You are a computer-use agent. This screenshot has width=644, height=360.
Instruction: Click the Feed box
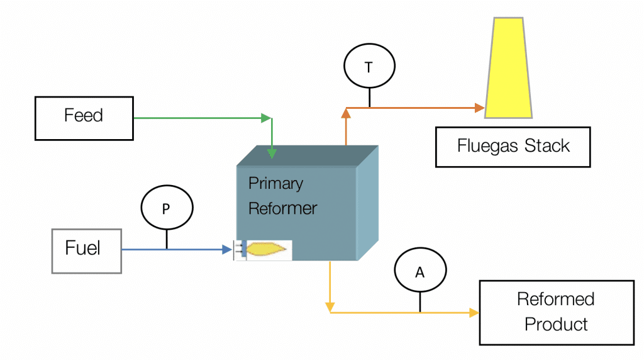click(x=84, y=118)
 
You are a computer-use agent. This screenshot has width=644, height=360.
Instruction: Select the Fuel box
click(x=86, y=250)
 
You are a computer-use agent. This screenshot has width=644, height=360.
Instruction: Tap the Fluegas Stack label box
click(x=513, y=147)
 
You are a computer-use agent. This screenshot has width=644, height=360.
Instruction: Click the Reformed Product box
click(x=556, y=312)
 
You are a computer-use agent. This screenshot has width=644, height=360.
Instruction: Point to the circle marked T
click(x=369, y=67)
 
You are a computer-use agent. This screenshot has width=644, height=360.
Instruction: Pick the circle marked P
click(x=166, y=209)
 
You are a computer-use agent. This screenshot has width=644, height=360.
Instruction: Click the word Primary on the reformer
click(x=275, y=184)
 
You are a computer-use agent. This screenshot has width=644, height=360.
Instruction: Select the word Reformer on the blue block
click(x=283, y=208)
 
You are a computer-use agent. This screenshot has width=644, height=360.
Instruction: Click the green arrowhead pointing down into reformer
click(x=272, y=154)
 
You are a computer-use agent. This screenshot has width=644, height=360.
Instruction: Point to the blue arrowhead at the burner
click(x=227, y=250)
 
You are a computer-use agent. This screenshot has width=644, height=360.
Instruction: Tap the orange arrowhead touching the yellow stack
click(x=479, y=108)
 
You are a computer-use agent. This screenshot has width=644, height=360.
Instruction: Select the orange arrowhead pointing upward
click(x=345, y=113)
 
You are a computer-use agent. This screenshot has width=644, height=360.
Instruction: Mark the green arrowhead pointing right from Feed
click(x=267, y=118)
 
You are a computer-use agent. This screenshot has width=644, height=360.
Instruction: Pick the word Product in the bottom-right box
click(x=556, y=325)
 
